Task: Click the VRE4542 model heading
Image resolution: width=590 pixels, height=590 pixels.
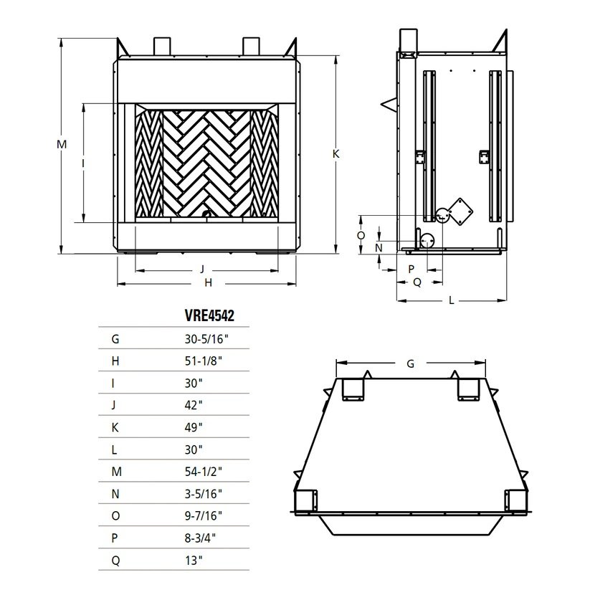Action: point(210,315)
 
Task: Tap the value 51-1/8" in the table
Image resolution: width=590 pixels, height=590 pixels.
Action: point(203,360)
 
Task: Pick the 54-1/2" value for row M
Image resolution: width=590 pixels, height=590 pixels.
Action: point(204,472)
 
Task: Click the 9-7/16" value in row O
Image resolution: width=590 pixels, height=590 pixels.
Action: point(204,517)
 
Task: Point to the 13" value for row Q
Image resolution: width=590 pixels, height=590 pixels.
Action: point(193,562)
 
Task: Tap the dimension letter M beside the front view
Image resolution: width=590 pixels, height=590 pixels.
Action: point(62,144)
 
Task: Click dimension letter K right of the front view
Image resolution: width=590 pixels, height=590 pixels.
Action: point(336,153)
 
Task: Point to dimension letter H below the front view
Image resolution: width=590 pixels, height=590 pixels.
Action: point(208,283)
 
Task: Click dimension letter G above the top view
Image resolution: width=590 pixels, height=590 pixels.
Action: point(410,363)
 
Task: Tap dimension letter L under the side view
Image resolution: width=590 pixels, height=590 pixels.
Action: point(452,300)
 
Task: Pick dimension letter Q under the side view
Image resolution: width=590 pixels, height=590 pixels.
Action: point(417,282)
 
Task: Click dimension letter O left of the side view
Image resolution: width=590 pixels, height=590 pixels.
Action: point(361,235)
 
